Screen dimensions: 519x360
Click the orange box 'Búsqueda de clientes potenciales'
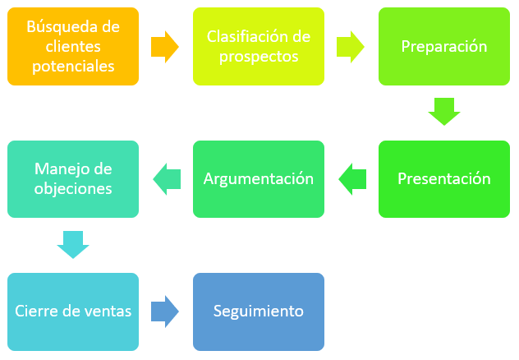73,46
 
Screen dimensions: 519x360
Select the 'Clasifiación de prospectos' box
259,46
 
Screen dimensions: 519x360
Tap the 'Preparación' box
444,46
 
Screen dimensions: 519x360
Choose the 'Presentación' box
444,179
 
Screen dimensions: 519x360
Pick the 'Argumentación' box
259,179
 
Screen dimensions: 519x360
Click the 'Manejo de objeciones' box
73,179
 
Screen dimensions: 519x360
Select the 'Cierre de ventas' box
73,312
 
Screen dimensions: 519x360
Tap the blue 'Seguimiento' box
259,312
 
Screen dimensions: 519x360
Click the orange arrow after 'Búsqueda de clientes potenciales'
165,47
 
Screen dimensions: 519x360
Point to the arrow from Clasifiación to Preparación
351,47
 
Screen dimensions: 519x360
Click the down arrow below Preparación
444,112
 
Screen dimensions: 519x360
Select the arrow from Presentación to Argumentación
352,179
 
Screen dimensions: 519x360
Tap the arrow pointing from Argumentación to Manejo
167,179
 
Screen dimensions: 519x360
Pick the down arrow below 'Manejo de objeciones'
73,245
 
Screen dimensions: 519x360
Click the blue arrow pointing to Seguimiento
165,312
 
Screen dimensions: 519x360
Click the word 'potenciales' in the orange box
73,67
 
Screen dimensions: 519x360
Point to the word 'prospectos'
259,57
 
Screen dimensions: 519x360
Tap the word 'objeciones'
73,189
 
